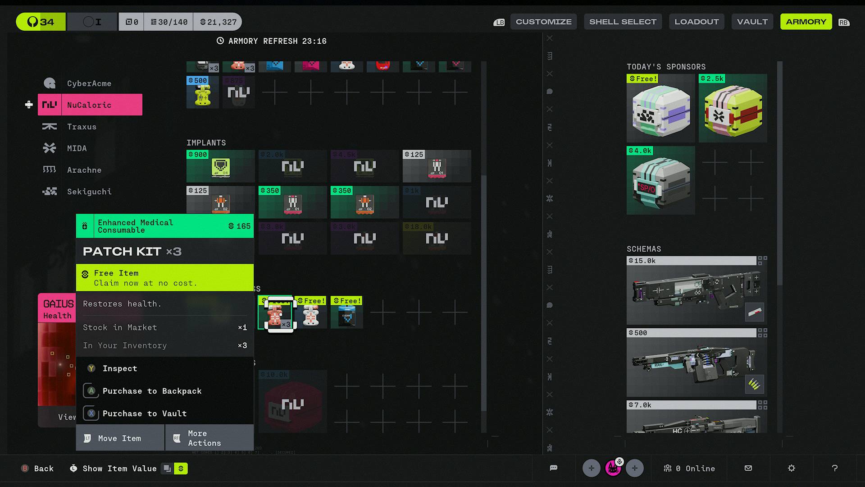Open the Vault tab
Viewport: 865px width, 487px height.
coord(752,22)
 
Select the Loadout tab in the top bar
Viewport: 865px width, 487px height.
coord(696,22)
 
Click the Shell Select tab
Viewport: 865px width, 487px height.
coord(623,22)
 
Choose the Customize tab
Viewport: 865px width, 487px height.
coord(543,22)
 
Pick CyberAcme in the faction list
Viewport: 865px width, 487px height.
coord(89,83)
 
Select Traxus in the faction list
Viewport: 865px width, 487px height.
coord(82,127)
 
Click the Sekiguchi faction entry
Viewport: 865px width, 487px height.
coord(89,192)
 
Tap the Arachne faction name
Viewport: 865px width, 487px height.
coord(84,170)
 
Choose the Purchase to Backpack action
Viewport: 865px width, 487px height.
coord(152,391)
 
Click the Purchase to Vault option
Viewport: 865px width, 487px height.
coord(144,413)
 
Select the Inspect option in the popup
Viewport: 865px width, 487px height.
coord(119,368)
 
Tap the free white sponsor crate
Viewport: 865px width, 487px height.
coord(660,109)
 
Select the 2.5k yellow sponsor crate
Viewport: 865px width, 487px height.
coord(733,109)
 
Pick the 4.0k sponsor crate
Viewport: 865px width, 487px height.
coord(660,181)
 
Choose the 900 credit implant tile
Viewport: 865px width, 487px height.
coord(220,166)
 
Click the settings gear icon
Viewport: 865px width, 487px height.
coord(791,468)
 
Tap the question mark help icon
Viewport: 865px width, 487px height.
coord(834,468)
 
